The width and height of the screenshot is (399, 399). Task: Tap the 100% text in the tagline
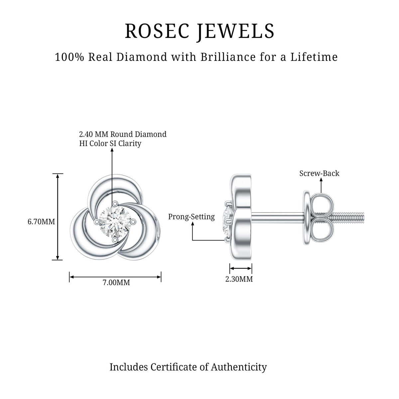coord(69,57)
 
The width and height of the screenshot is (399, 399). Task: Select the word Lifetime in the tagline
coord(314,57)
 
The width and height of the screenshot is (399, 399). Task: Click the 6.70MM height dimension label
coord(42,222)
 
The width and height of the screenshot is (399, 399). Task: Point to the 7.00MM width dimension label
coord(116,282)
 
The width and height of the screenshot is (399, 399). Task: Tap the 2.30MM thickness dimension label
coord(239,279)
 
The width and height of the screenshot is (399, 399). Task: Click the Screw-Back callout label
coord(319,173)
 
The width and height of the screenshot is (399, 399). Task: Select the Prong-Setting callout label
coord(192,217)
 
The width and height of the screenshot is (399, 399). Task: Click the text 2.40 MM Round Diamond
coord(123,134)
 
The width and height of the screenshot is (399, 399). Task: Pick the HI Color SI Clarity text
coord(110,143)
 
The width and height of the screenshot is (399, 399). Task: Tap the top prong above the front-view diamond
coord(114,204)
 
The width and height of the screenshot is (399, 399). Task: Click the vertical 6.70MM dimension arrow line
coord(58,216)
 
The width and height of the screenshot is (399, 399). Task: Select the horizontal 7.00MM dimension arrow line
coord(115,277)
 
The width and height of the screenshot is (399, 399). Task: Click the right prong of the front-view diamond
coord(133,222)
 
